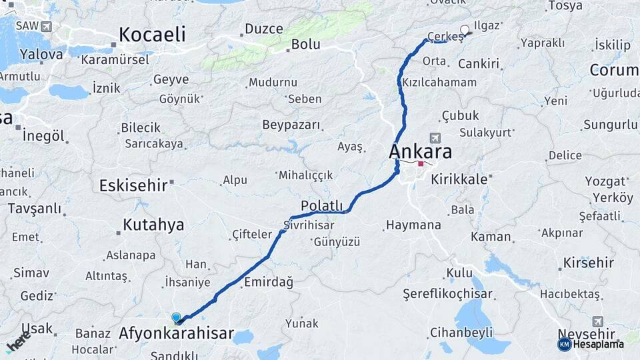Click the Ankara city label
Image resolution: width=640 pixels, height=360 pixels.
click(420, 151)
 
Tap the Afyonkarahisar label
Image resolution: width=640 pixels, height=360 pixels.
click(176, 333)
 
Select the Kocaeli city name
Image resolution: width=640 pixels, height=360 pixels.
click(152, 35)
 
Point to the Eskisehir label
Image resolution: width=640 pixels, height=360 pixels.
click(133, 185)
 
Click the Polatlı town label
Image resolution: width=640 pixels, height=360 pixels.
click(321, 205)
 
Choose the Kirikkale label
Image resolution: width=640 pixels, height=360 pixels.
click(460, 179)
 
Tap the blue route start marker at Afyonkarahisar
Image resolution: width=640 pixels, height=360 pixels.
click(176, 318)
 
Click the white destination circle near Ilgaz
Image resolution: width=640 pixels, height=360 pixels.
click(465, 29)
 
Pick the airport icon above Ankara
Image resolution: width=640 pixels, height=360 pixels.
click(435, 137)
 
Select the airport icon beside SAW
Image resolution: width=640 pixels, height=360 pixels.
click(45, 27)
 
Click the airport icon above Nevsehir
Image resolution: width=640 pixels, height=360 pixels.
click(597, 321)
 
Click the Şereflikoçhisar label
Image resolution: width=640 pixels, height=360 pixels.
click(447, 294)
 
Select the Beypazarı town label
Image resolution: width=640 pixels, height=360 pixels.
click(291, 125)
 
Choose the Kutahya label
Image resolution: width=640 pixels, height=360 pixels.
click(153, 225)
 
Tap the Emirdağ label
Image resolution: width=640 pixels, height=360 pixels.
click(269, 282)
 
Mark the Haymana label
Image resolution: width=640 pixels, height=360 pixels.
click(413, 226)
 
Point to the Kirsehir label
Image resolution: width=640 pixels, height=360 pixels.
click(589, 263)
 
